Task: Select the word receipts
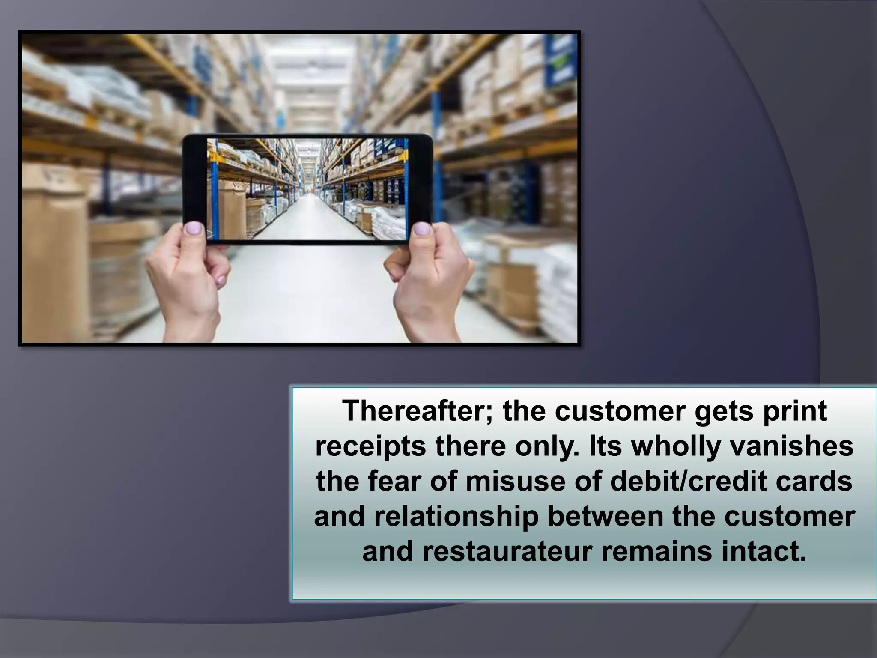pos(370,447)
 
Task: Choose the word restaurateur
pos(508,553)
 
